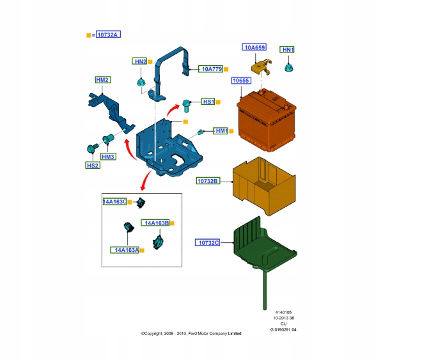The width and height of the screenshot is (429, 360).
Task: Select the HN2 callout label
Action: (x=141, y=61)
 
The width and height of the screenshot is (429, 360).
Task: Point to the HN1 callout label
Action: (x=288, y=49)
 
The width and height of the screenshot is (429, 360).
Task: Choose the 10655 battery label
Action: (x=242, y=81)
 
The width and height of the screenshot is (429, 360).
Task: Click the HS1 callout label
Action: (x=208, y=102)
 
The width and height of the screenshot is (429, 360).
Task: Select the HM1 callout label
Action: (x=221, y=131)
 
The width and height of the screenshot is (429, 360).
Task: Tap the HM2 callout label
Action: (x=102, y=80)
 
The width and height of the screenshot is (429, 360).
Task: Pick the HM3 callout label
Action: (x=107, y=157)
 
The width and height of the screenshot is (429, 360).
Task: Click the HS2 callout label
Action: (x=93, y=165)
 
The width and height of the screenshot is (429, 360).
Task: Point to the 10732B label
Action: (x=208, y=181)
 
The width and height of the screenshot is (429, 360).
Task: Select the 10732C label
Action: (x=208, y=243)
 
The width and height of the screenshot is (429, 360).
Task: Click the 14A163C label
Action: (x=115, y=201)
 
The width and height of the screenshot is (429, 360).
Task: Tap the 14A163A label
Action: (x=125, y=250)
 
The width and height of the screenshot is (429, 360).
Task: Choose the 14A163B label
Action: (x=156, y=223)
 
